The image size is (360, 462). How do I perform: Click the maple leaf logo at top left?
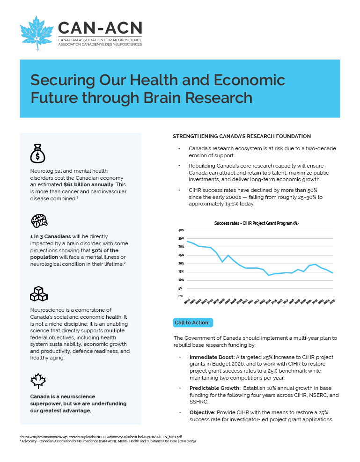click(37, 33)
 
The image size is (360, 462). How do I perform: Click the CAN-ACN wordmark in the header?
click(100, 29)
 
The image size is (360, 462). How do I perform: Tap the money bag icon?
click(37, 153)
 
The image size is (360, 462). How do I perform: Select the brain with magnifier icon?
click(39, 220)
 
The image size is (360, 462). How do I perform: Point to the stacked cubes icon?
click(39, 293)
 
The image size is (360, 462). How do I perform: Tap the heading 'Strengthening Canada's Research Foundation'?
click(242, 136)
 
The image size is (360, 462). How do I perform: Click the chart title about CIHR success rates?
click(256, 223)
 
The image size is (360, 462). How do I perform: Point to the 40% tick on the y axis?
click(181, 230)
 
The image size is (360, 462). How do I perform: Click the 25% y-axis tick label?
click(181, 255)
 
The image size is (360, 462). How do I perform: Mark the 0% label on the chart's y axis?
click(181, 296)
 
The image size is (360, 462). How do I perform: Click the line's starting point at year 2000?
click(188, 242)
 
